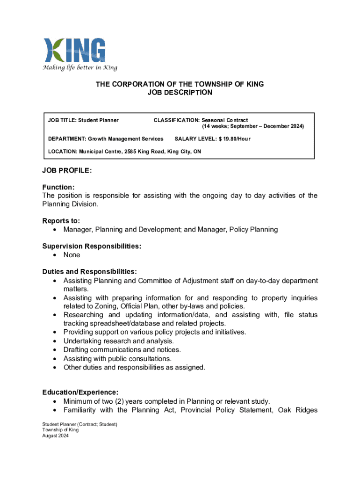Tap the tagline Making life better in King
[80, 67]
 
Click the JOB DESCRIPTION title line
[180, 93]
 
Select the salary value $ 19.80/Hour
[230, 139]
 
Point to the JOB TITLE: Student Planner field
[83, 121]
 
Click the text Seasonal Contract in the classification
[224, 121]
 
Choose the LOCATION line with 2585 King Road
[125, 152]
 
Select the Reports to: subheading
[61, 221]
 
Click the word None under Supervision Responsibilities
[72, 255]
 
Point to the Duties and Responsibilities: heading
[89, 272]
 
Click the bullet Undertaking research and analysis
[118, 341]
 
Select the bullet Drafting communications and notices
[122, 350]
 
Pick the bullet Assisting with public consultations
[117, 359]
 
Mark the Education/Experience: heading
[80, 392]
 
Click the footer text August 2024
[55, 435]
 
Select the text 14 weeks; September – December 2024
[253, 127]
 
